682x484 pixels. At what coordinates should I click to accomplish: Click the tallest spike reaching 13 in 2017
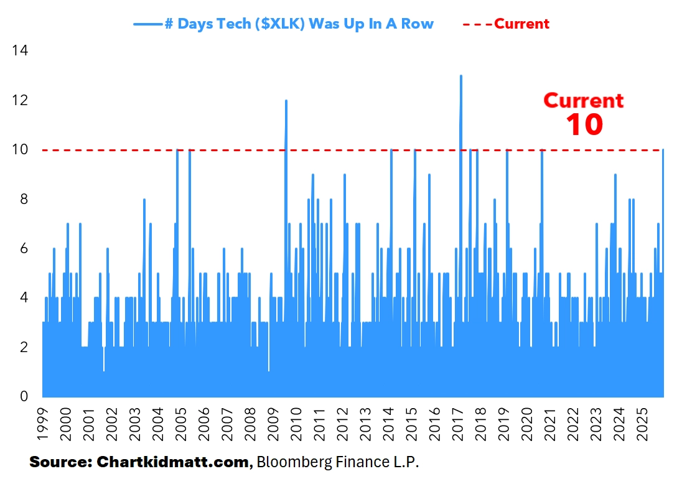[x=460, y=78]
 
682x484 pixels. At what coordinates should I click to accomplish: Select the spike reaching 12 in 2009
[x=286, y=103]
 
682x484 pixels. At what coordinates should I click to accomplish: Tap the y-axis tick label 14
[x=20, y=50]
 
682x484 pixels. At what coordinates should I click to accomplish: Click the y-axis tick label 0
[x=24, y=396]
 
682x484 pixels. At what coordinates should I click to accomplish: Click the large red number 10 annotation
[x=584, y=124]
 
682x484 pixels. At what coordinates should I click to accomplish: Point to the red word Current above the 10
[x=584, y=100]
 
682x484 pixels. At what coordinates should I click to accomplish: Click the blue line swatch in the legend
[x=147, y=24]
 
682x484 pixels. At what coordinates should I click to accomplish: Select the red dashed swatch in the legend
[x=477, y=24]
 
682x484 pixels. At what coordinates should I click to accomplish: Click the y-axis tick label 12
[x=20, y=100]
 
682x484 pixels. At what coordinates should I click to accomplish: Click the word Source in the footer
[x=59, y=463]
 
